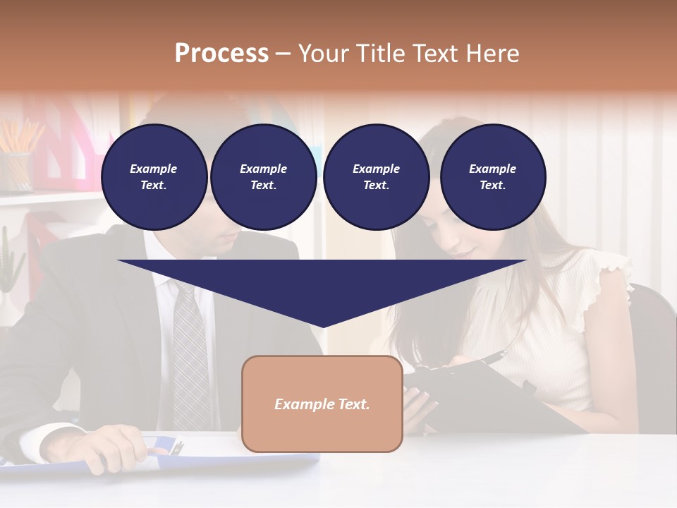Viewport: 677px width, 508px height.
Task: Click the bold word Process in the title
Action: pos(221,54)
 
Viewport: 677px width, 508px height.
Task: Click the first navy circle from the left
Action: pos(154,176)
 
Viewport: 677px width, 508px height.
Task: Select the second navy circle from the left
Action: pos(263,176)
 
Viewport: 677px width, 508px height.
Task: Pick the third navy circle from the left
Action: pos(376,176)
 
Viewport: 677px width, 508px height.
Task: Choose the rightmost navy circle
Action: pos(492,176)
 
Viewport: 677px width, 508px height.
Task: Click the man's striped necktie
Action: pos(189,353)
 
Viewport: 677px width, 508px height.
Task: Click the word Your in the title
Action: pos(323,54)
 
